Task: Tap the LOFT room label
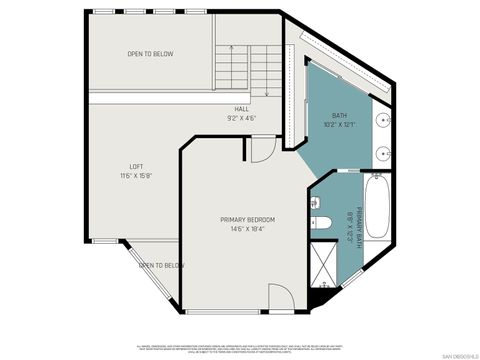coord(136,166)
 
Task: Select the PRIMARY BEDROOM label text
coord(247,219)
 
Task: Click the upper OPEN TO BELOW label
coord(150,54)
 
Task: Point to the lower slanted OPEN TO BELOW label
coord(161,265)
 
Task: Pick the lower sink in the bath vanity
coord(384,154)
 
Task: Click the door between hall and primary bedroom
coord(259,150)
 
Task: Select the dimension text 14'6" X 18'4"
coord(247,229)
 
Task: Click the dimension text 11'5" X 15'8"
coord(136,176)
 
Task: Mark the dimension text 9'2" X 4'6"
coord(242,118)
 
